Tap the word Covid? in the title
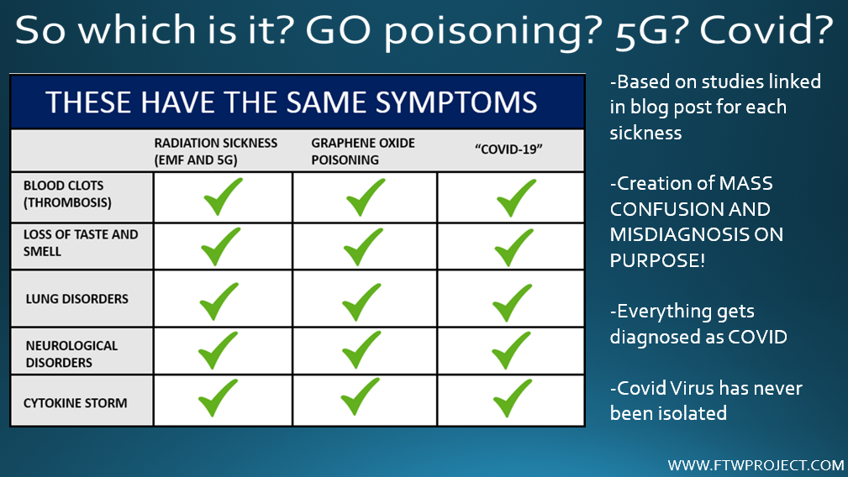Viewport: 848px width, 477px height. pos(766,29)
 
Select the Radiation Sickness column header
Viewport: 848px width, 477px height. pos(216,151)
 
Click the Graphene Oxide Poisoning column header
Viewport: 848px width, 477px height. pos(363,151)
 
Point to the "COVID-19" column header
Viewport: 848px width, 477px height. pos(508,149)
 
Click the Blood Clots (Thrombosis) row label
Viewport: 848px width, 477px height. pos(67,194)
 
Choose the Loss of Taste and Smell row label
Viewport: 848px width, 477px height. pos(81,243)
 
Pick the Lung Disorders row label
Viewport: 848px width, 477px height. pos(77,299)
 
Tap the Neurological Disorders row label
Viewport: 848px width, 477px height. pos(71,354)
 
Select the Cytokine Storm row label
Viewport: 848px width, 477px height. pos(75,403)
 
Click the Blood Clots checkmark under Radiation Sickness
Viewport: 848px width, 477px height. pos(223,197)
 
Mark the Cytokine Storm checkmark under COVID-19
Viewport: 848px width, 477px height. pos(512,398)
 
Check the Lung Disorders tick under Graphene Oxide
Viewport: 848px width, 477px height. pos(361,302)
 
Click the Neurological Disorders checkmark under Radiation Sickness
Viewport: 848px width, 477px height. pos(218,350)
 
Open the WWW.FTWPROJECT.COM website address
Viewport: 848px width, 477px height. pos(756,465)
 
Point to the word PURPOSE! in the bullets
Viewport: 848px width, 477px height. pos(657,260)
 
